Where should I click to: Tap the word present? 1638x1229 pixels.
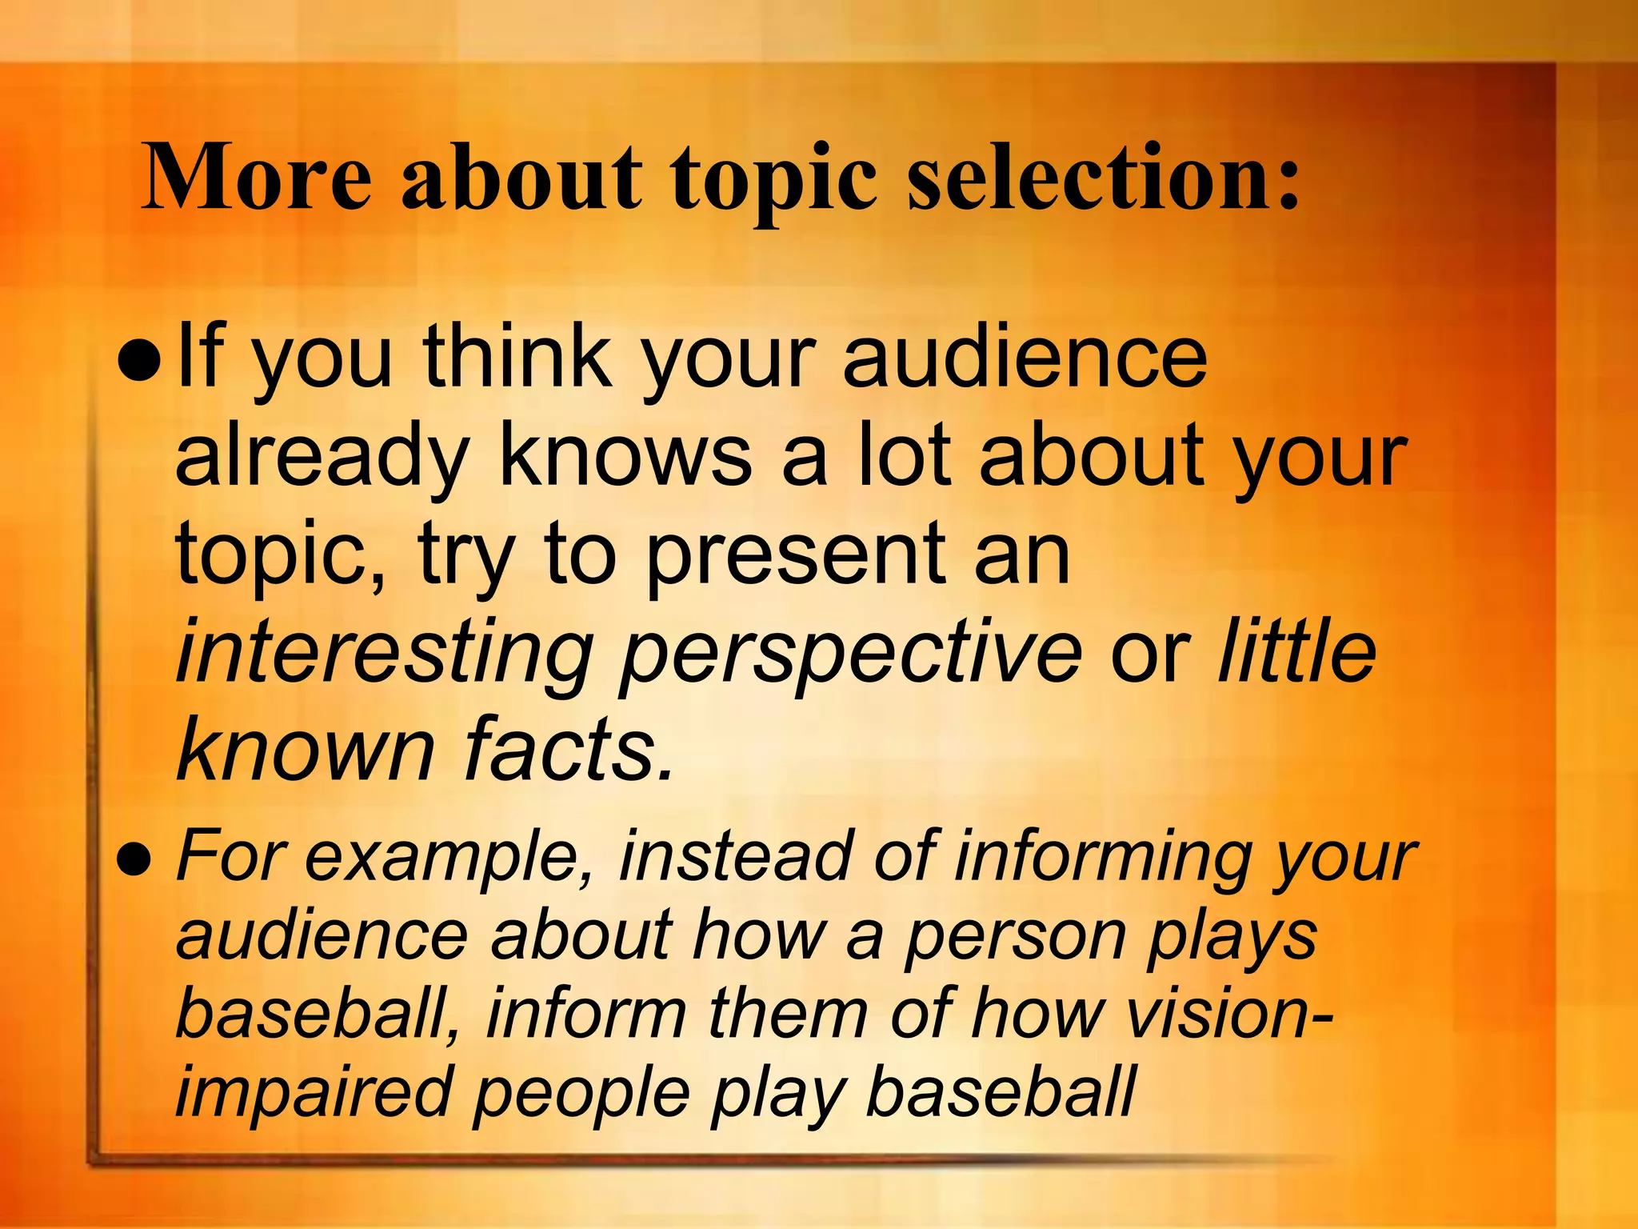pyautogui.click(x=796, y=556)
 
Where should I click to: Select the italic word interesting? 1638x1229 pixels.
pyautogui.click(x=384, y=656)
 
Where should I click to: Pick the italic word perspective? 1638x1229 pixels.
pyautogui.click(x=851, y=656)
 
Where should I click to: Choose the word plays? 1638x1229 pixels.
pyautogui.click(x=1232, y=936)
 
